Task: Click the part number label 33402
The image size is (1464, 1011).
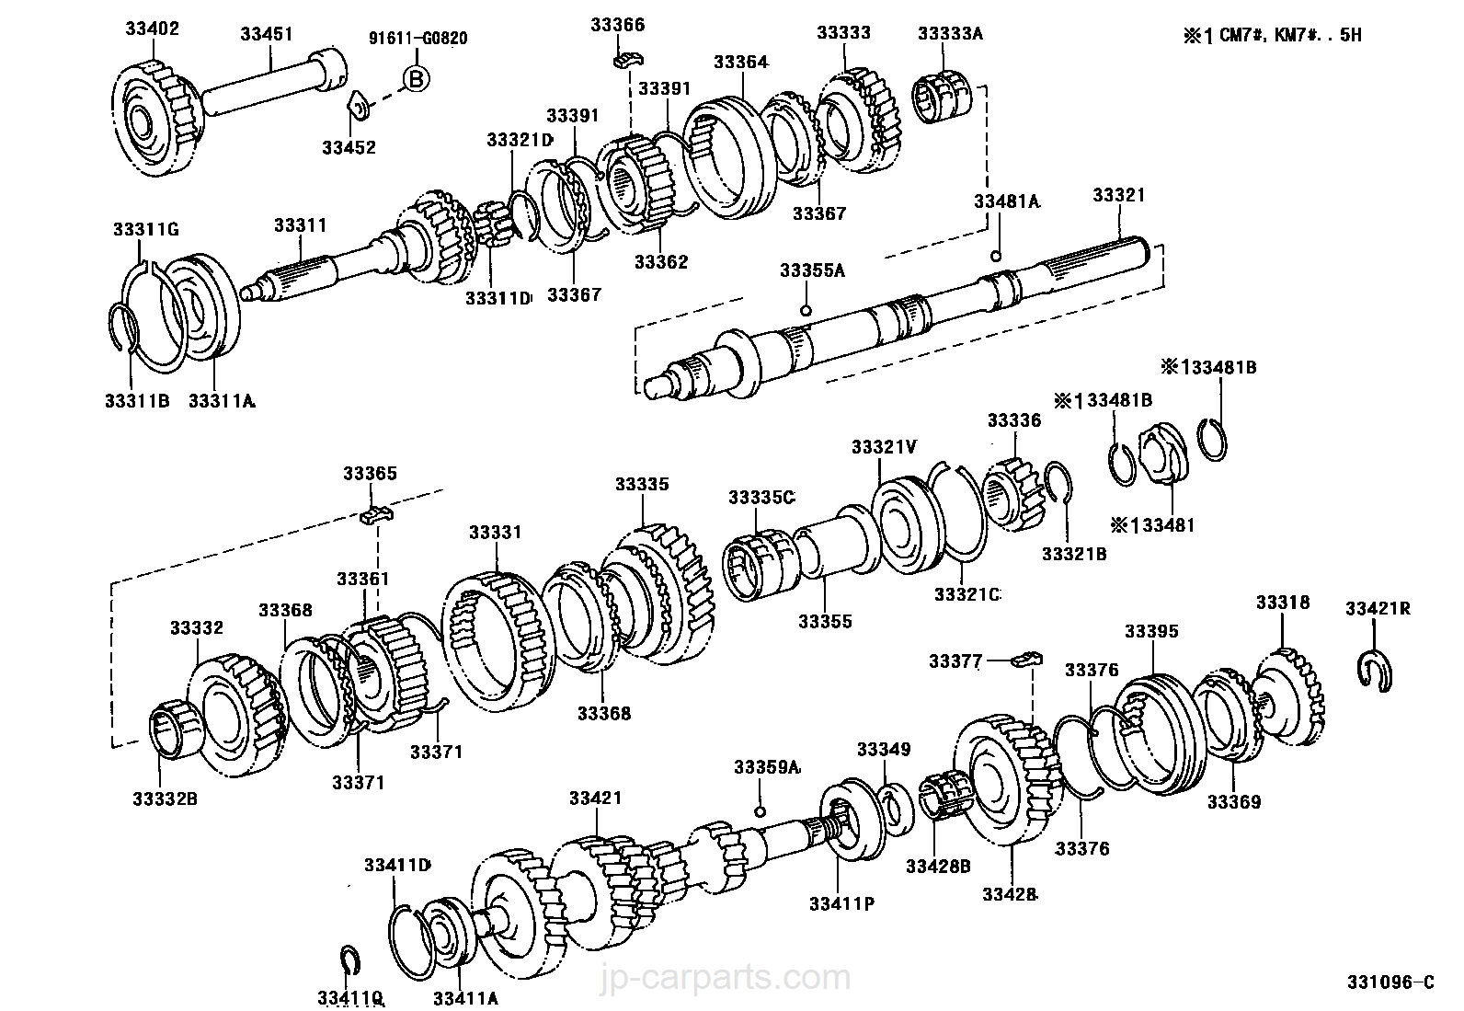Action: (153, 29)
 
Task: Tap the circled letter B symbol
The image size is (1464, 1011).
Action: (416, 80)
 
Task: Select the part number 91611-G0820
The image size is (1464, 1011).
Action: (418, 38)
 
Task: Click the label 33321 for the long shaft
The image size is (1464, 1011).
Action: (1118, 195)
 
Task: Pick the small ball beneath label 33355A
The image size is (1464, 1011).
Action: (806, 309)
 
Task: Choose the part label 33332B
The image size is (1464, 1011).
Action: (165, 798)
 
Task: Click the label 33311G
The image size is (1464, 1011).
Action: (145, 229)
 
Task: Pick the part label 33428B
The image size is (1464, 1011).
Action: (938, 865)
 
